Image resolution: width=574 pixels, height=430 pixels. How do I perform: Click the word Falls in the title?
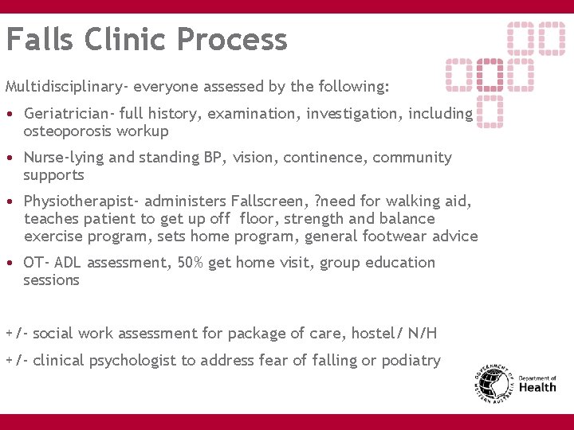[41, 39]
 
